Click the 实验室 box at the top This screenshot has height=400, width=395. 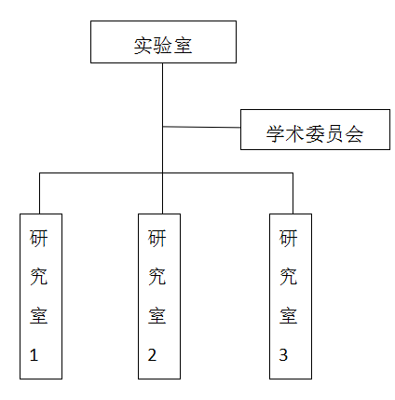(163, 43)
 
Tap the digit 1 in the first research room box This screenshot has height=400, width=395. (35, 355)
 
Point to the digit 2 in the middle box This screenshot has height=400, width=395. (151, 355)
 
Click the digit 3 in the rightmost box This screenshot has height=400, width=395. (283, 355)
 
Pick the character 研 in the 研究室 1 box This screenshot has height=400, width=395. (40, 238)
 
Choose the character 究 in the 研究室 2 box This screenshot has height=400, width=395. (157, 276)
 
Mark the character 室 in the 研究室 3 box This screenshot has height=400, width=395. (290, 315)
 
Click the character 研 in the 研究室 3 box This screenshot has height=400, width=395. (290, 238)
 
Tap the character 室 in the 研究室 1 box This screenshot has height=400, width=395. (40, 315)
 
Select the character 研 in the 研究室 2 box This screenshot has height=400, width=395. (157, 238)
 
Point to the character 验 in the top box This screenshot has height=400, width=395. (163, 44)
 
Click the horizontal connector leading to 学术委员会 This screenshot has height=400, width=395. (201, 127)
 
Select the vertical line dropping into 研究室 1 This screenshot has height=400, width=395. (40, 193)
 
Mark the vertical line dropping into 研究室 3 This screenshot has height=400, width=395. (293, 193)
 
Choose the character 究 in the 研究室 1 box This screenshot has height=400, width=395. (40, 276)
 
